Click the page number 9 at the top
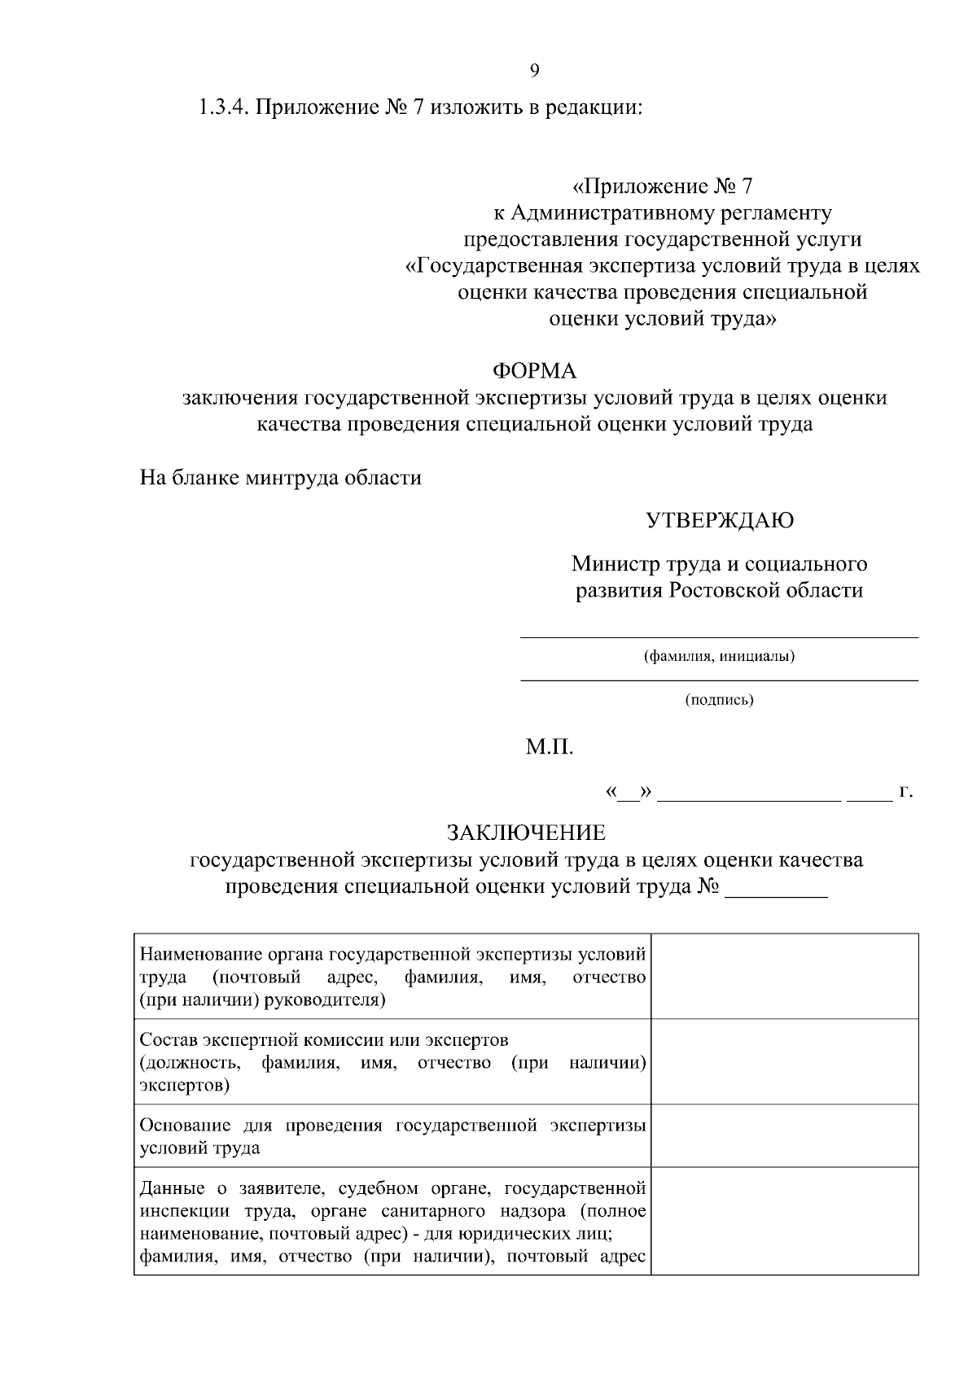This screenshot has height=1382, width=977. coord(534,70)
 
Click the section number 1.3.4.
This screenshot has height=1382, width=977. coord(223,107)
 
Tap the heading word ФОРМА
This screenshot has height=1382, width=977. coord(534,371)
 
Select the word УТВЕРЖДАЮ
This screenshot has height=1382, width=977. coord(719,520)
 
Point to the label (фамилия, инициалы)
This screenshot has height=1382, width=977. coord(719,656)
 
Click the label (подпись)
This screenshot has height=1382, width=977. coord(719,699)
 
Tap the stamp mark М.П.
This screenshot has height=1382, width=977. coord(550,746)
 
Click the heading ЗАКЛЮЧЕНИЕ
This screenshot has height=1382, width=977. coord(526,833)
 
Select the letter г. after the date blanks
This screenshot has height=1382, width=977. coord(905,790)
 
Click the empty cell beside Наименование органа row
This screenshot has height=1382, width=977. coord(784,976)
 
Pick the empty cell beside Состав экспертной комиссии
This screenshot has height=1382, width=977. coord(784,1061)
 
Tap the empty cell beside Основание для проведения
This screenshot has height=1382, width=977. coord(784,1135)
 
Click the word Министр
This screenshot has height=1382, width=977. coord(610,563)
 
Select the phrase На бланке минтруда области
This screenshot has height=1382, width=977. coord(281,477)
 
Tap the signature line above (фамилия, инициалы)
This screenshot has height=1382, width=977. coord(719,636)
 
